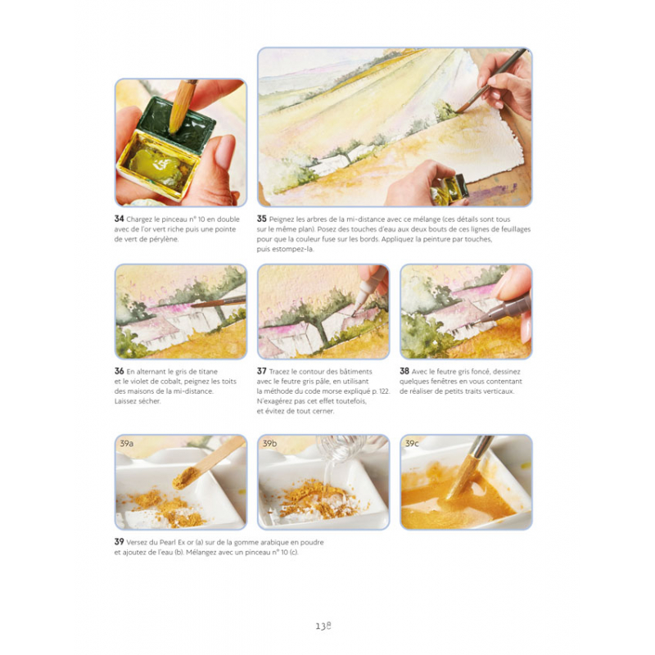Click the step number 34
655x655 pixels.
click(x=119, y=219)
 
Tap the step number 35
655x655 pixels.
click(x=261, y=219)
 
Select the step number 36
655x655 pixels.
click(x=119, y=371)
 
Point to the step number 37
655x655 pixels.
click(x=261, y=371)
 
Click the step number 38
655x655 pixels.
click(x=404, y=371)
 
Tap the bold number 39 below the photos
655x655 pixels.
click(x=119, y=541)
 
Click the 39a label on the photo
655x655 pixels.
click(x=127, y=443)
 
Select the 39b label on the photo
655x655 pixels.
click(x=269, y=443)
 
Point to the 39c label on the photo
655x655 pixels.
click(x=412, y=443)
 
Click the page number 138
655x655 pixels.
click(x=323, y=626)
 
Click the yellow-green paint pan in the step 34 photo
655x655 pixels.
click(x=156, y=165)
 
